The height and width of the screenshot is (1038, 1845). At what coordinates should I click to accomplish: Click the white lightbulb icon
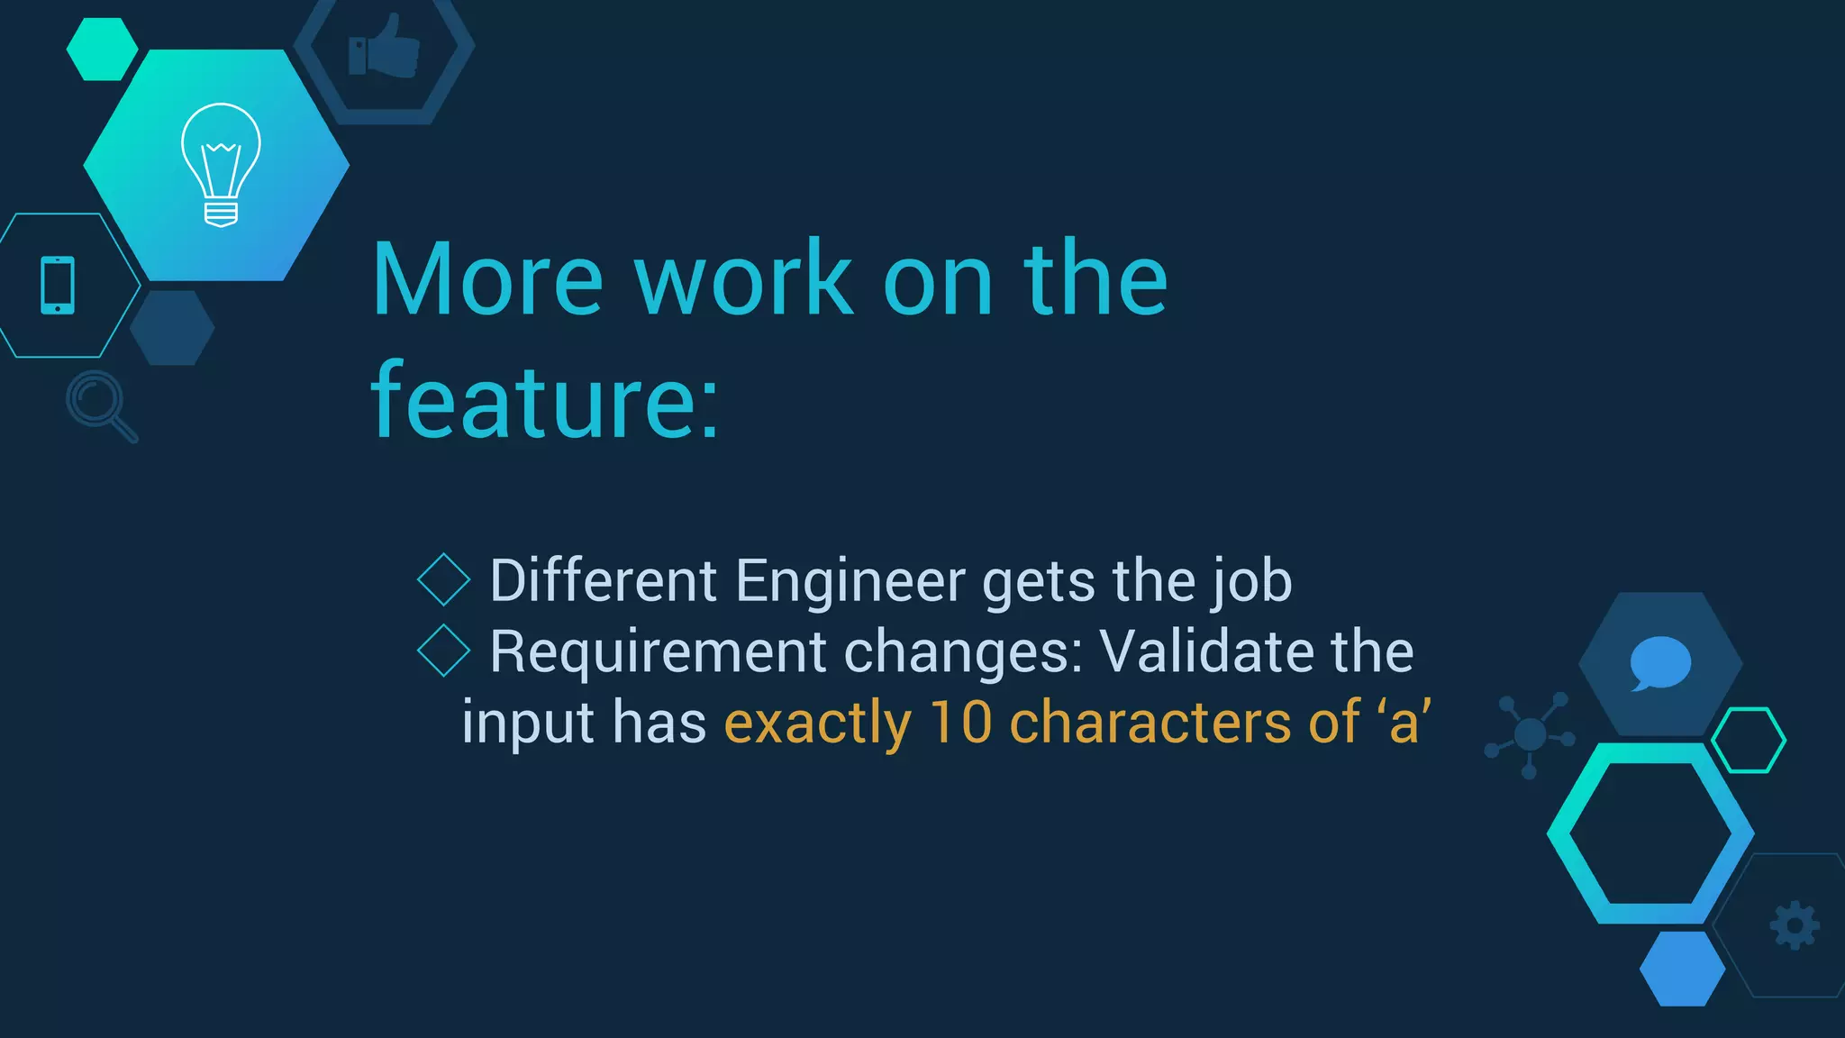tap(221, 164)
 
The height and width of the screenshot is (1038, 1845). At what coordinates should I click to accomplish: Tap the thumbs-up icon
tap(384, 47)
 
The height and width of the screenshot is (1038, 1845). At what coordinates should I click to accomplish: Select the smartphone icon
tap(58, 286)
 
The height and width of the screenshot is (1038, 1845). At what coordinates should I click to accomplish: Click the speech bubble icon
tap(1659, 663)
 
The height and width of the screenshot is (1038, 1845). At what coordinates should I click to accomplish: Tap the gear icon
tap(1795, 925)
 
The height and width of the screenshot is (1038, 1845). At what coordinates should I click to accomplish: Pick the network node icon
tap(1530, 735)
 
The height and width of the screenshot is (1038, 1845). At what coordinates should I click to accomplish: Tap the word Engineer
tap(850, 580)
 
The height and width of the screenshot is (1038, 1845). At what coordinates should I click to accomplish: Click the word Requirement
tap(658, 651)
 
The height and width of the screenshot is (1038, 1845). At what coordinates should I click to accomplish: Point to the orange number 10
tap(960, 723)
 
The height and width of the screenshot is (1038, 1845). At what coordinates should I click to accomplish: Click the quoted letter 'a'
tap(1404, 723)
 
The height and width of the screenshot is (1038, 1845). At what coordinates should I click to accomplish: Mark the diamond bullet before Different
tap(444, 579)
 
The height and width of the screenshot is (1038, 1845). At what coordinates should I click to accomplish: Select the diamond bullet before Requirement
tap(444, 651)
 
